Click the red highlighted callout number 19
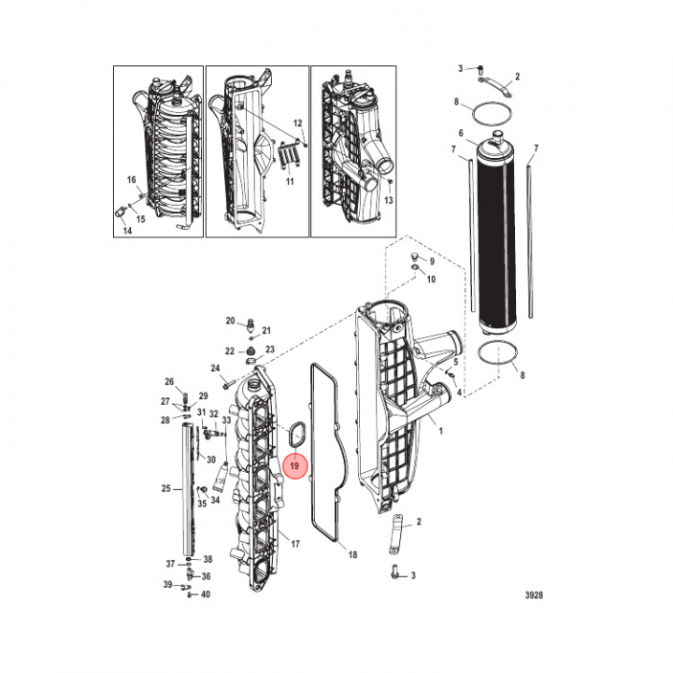point(294,465)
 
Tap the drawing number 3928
point(534,594)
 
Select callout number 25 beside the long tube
point(166,489)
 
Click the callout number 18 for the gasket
point(352,554)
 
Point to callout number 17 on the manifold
point(295,544)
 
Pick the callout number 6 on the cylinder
point(461,133)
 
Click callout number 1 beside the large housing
point(441,431)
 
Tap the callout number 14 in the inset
point(127,231)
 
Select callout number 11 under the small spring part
point(290,181)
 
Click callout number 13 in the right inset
point(389,200)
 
